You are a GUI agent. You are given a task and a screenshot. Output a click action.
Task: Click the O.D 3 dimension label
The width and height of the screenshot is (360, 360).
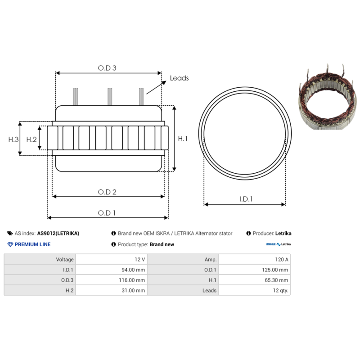click(x=107, y=68)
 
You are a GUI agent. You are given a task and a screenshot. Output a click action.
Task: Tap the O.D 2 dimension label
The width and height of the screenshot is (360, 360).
click(x=107, y=192)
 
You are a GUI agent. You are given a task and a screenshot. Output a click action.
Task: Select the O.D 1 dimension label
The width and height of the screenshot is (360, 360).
click(x=107, y=213)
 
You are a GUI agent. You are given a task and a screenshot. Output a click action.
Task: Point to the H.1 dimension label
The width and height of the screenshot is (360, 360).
click(x=183, y=139)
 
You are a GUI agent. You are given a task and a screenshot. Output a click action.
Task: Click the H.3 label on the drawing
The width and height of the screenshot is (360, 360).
click(x=13, y=139)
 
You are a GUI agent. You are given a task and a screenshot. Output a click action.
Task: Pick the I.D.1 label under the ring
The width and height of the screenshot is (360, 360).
click(x=246, y=199)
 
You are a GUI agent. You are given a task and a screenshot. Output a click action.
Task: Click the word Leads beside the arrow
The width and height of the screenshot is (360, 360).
click(x=179, y=78)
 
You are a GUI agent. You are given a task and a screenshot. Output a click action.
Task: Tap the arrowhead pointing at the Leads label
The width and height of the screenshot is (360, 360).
click(x=164, y=83)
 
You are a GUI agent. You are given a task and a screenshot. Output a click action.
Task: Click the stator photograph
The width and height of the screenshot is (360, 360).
click(x=328, y=97)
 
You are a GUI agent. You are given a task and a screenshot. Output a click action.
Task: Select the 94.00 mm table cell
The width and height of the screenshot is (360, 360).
click(x=111, y=270)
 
